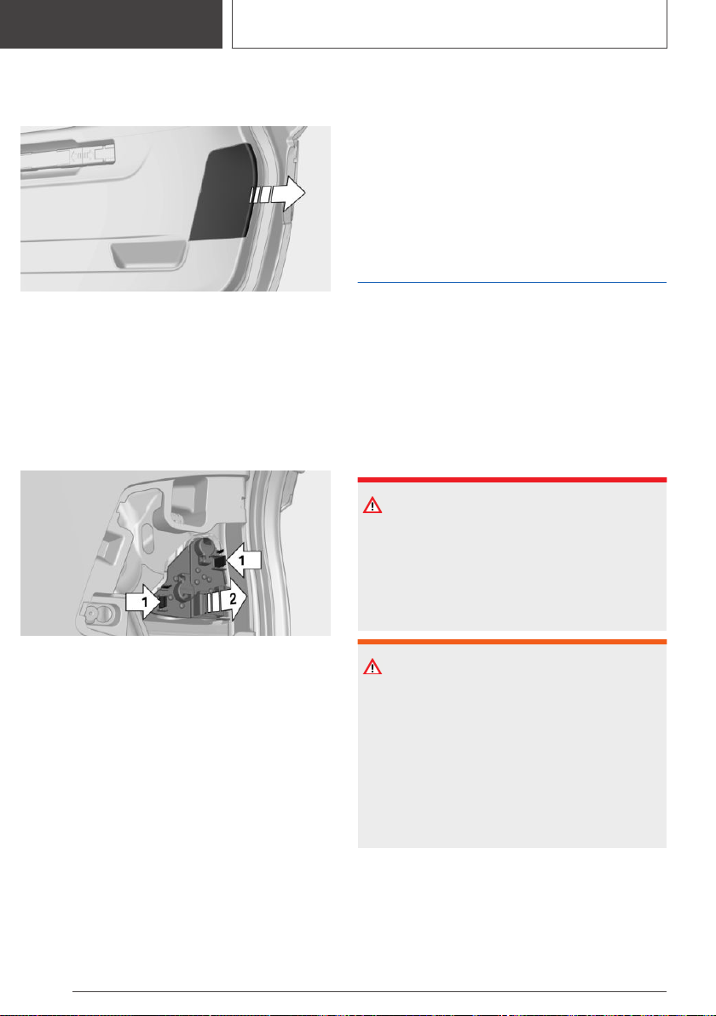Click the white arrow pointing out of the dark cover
279,193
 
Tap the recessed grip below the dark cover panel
148,256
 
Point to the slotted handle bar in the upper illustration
68,155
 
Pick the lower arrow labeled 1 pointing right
143,602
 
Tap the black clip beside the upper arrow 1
218,558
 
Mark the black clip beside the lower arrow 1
164,601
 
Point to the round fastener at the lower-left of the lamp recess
96,612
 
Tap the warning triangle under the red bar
372,505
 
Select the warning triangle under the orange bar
372,667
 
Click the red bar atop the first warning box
512,480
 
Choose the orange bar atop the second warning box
512,642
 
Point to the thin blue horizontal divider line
512,282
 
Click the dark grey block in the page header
111,24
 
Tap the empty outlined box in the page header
450,24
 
